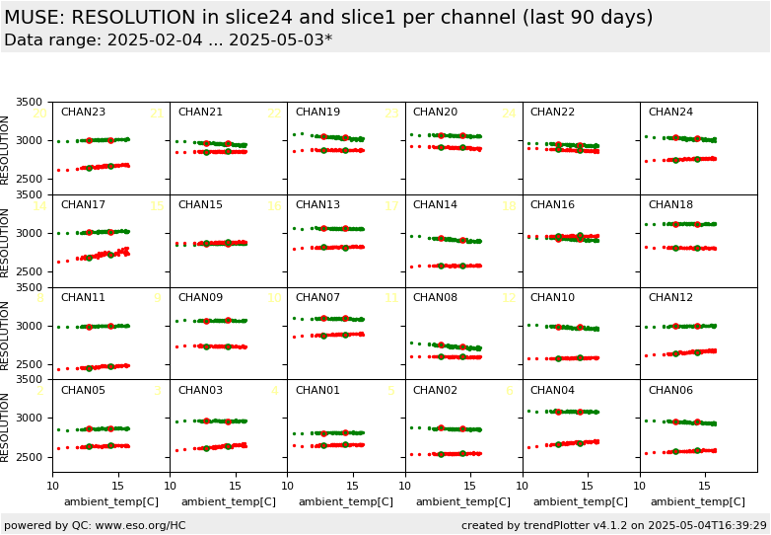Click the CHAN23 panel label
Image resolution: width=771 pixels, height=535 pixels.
click(x=83, y=113)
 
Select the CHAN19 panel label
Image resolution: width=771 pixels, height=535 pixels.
click(x=317, y=113)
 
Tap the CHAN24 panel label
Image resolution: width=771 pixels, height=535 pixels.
click(x=670, y=113)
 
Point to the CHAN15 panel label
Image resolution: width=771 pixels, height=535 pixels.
click(x=200, y=205)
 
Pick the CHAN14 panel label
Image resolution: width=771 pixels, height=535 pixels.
click(x=435, y=205)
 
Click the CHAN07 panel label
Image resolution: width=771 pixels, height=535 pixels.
click(x=317, y=298)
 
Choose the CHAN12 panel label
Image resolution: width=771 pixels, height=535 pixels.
click(x=670, y=298)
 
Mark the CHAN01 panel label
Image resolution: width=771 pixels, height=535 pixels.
click(x=317, y=391)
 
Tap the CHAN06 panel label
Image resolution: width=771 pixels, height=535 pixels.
click(x=670, y=391)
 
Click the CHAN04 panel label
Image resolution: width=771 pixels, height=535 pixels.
click(x=552, y=391)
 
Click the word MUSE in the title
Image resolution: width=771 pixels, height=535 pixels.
click(x=34, y=18)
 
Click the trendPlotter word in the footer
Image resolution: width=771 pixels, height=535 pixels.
click(x=540, y=526)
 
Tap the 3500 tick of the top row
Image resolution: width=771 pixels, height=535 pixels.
click(x=30, y=103)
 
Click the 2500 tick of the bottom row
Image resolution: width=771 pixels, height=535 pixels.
click(x=30, y=457)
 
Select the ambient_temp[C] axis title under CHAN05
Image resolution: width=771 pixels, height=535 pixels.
click(x=110, y=502)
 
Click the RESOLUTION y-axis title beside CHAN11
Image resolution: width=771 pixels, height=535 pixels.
click(x=5, y=334)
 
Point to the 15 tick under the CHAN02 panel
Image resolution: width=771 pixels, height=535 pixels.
click(x=470, y=486)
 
